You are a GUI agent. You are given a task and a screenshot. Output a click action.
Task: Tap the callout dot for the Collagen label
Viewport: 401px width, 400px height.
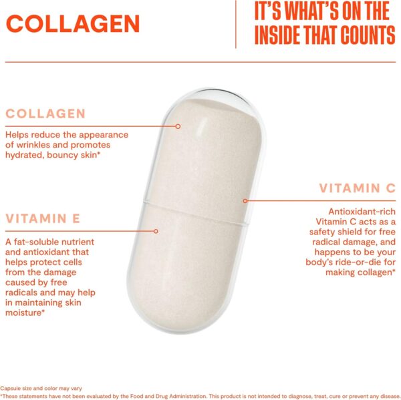(178, 126)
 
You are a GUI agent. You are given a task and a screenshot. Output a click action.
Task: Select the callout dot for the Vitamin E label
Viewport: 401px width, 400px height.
(156, 231)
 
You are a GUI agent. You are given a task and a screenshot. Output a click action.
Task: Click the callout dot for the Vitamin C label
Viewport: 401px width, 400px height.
(245, 200)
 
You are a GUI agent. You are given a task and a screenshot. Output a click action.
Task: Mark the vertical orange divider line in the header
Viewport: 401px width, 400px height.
(236, 24)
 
